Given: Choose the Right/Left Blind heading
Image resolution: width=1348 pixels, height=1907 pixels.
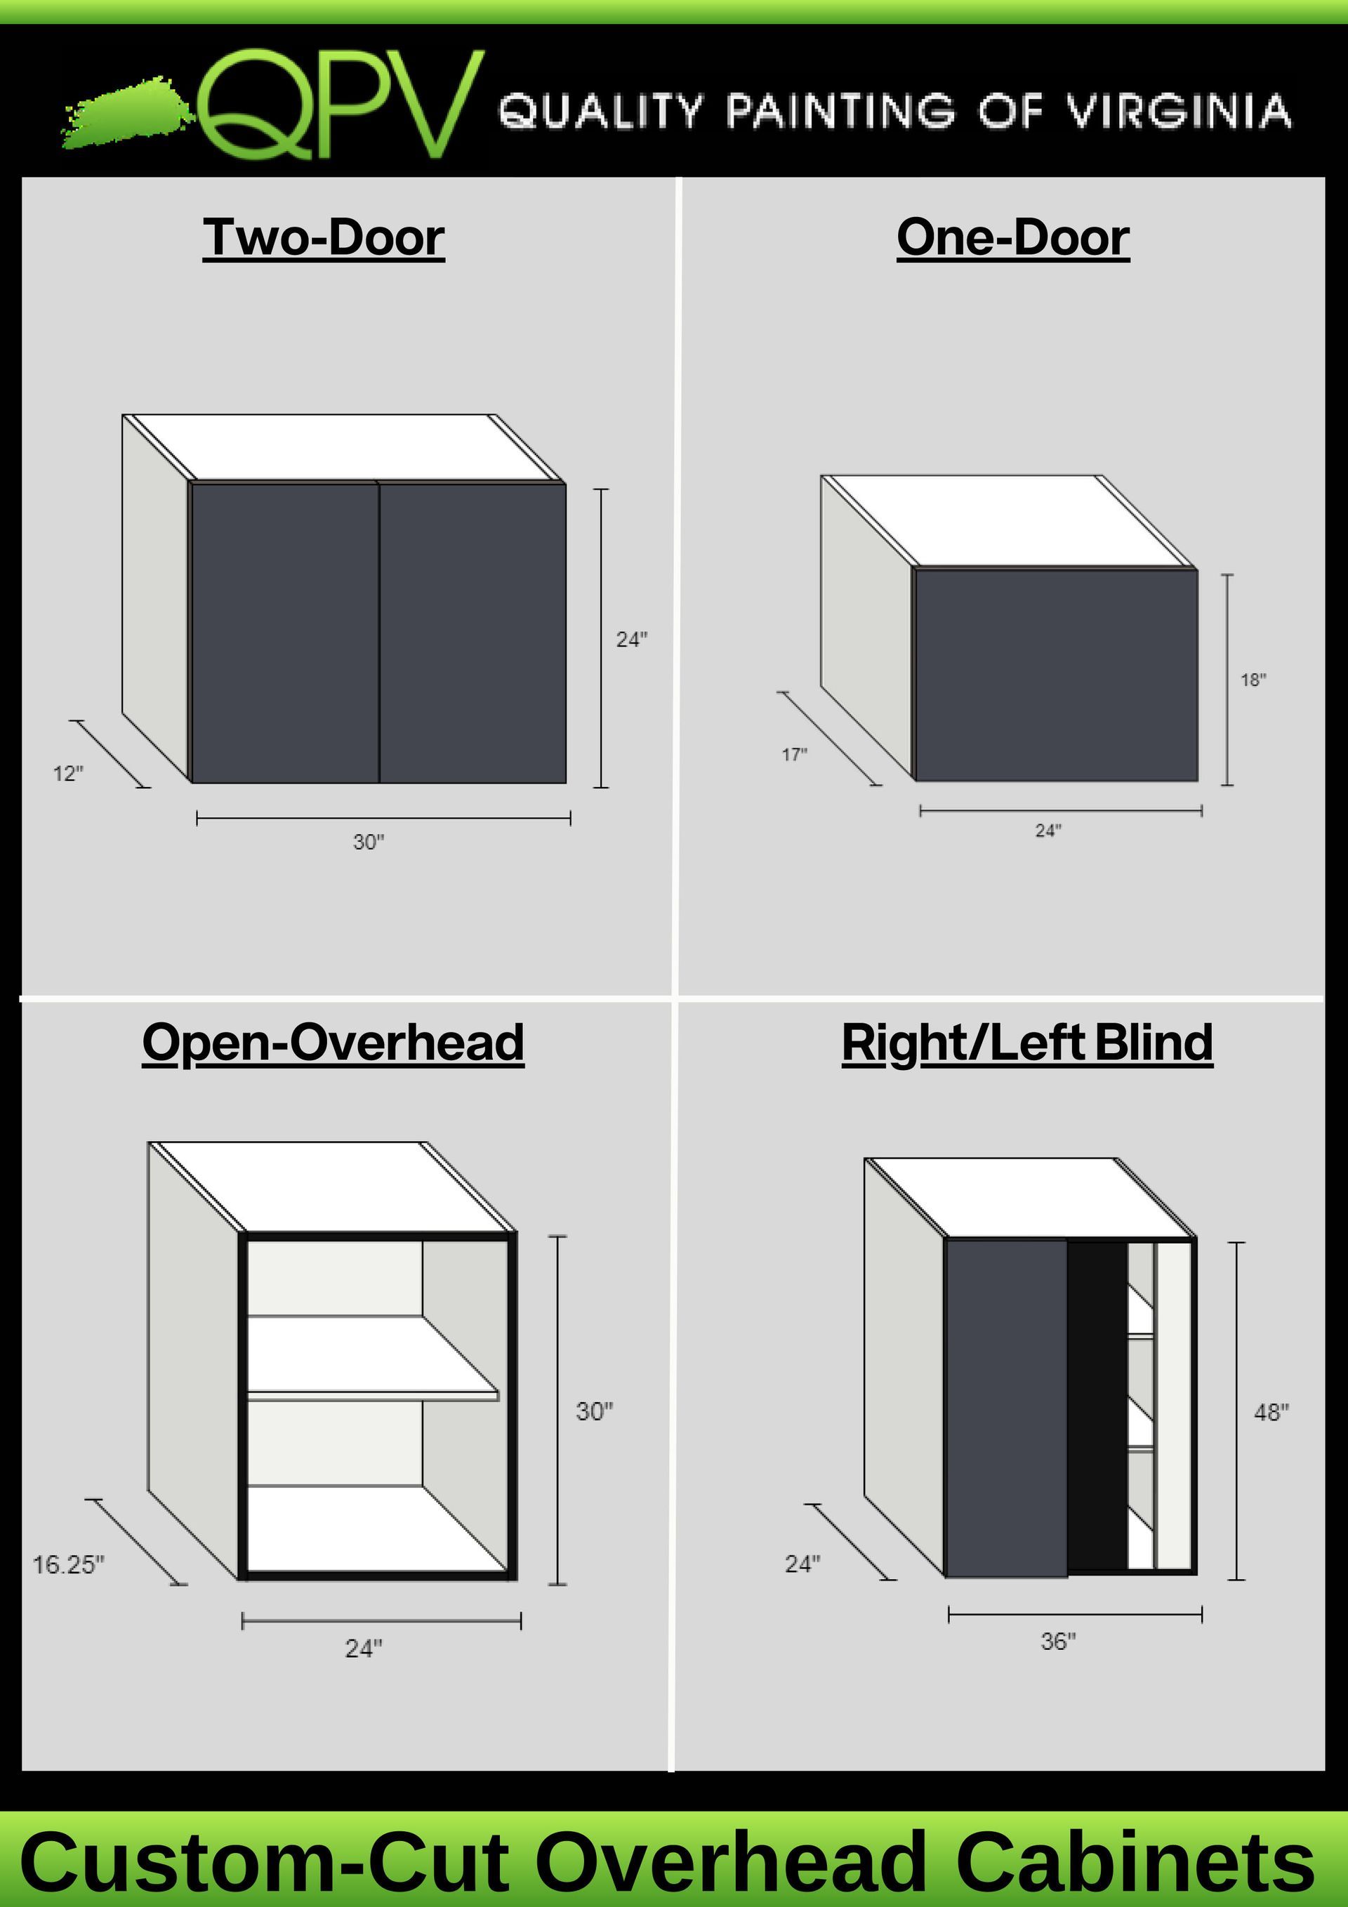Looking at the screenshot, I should coord(1026,1043).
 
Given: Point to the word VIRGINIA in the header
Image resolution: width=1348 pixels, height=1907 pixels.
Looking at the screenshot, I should coord(1179,112).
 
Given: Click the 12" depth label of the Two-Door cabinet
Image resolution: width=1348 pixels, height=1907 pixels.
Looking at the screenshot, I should coord(68,774).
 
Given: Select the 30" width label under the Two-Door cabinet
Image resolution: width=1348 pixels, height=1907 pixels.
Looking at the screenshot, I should coord(369,842).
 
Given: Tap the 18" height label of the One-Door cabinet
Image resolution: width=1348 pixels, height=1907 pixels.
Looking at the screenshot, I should coord(1253,680).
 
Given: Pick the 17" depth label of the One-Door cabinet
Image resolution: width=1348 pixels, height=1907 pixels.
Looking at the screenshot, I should coord(794,755).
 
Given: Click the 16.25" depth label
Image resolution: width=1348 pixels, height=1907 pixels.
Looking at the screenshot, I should coord(68,1565).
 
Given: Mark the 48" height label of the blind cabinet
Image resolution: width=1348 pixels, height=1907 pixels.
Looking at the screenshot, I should coord(1271,1412).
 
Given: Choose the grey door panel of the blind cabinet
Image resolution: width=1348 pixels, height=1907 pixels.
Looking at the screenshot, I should coord(1006,1407).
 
